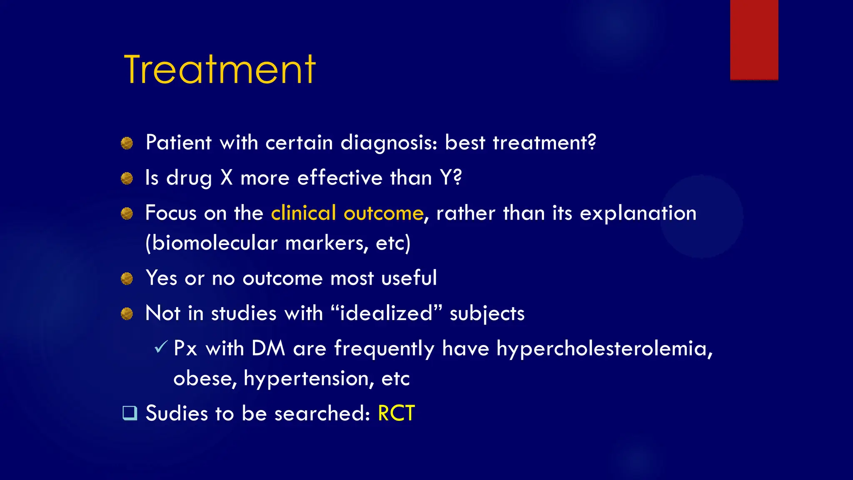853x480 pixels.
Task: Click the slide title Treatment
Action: (219, 70)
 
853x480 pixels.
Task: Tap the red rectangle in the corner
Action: (754, 40)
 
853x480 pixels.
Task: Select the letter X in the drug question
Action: (226, 178)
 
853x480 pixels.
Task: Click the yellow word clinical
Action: (303, 213)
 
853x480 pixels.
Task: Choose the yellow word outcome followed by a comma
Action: (383, 213)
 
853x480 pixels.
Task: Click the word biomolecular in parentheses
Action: (214, 243)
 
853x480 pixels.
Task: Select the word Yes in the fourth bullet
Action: (161, 278)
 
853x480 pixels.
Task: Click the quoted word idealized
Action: (387, 313)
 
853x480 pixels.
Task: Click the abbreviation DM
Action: (268, 348)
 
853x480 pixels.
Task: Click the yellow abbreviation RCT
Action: (396, 413)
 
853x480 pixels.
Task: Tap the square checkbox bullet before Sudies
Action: (130, 413)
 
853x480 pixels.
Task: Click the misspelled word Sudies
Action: (176, 413)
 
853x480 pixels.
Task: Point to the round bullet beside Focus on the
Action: (127, 214)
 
